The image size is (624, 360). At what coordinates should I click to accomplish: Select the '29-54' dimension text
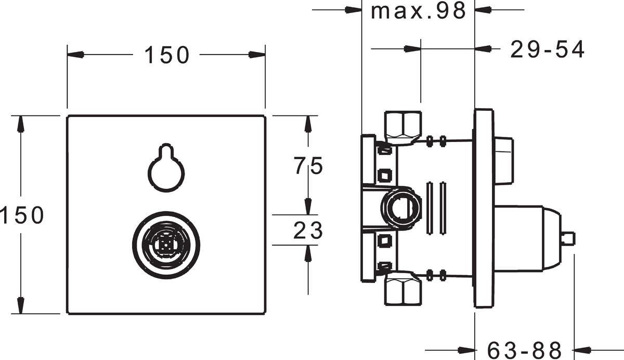click(x=547, y=49)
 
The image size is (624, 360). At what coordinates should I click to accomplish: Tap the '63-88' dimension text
click(x=525, y=348)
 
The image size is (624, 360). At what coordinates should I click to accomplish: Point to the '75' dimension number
click(x=308, y=166)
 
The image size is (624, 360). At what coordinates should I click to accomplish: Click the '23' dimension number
click(x=308, y=230)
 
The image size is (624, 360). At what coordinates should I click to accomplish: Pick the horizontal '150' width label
click(x=166, y=55)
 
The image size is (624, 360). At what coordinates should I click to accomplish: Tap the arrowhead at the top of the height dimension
click(x=21, y=122)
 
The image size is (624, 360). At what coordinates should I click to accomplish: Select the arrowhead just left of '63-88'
click(x=467, y=348)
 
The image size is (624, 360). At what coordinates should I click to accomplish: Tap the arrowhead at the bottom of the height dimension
click(x=21, y=306)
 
